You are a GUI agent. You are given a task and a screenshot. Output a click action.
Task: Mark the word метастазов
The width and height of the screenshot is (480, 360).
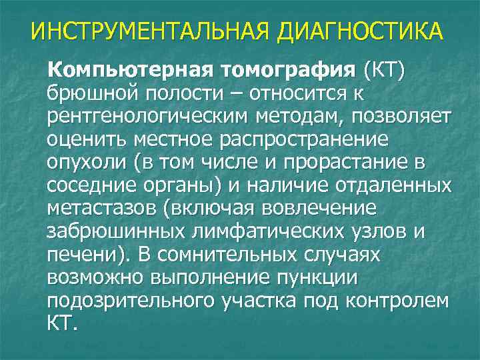[99, 209]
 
